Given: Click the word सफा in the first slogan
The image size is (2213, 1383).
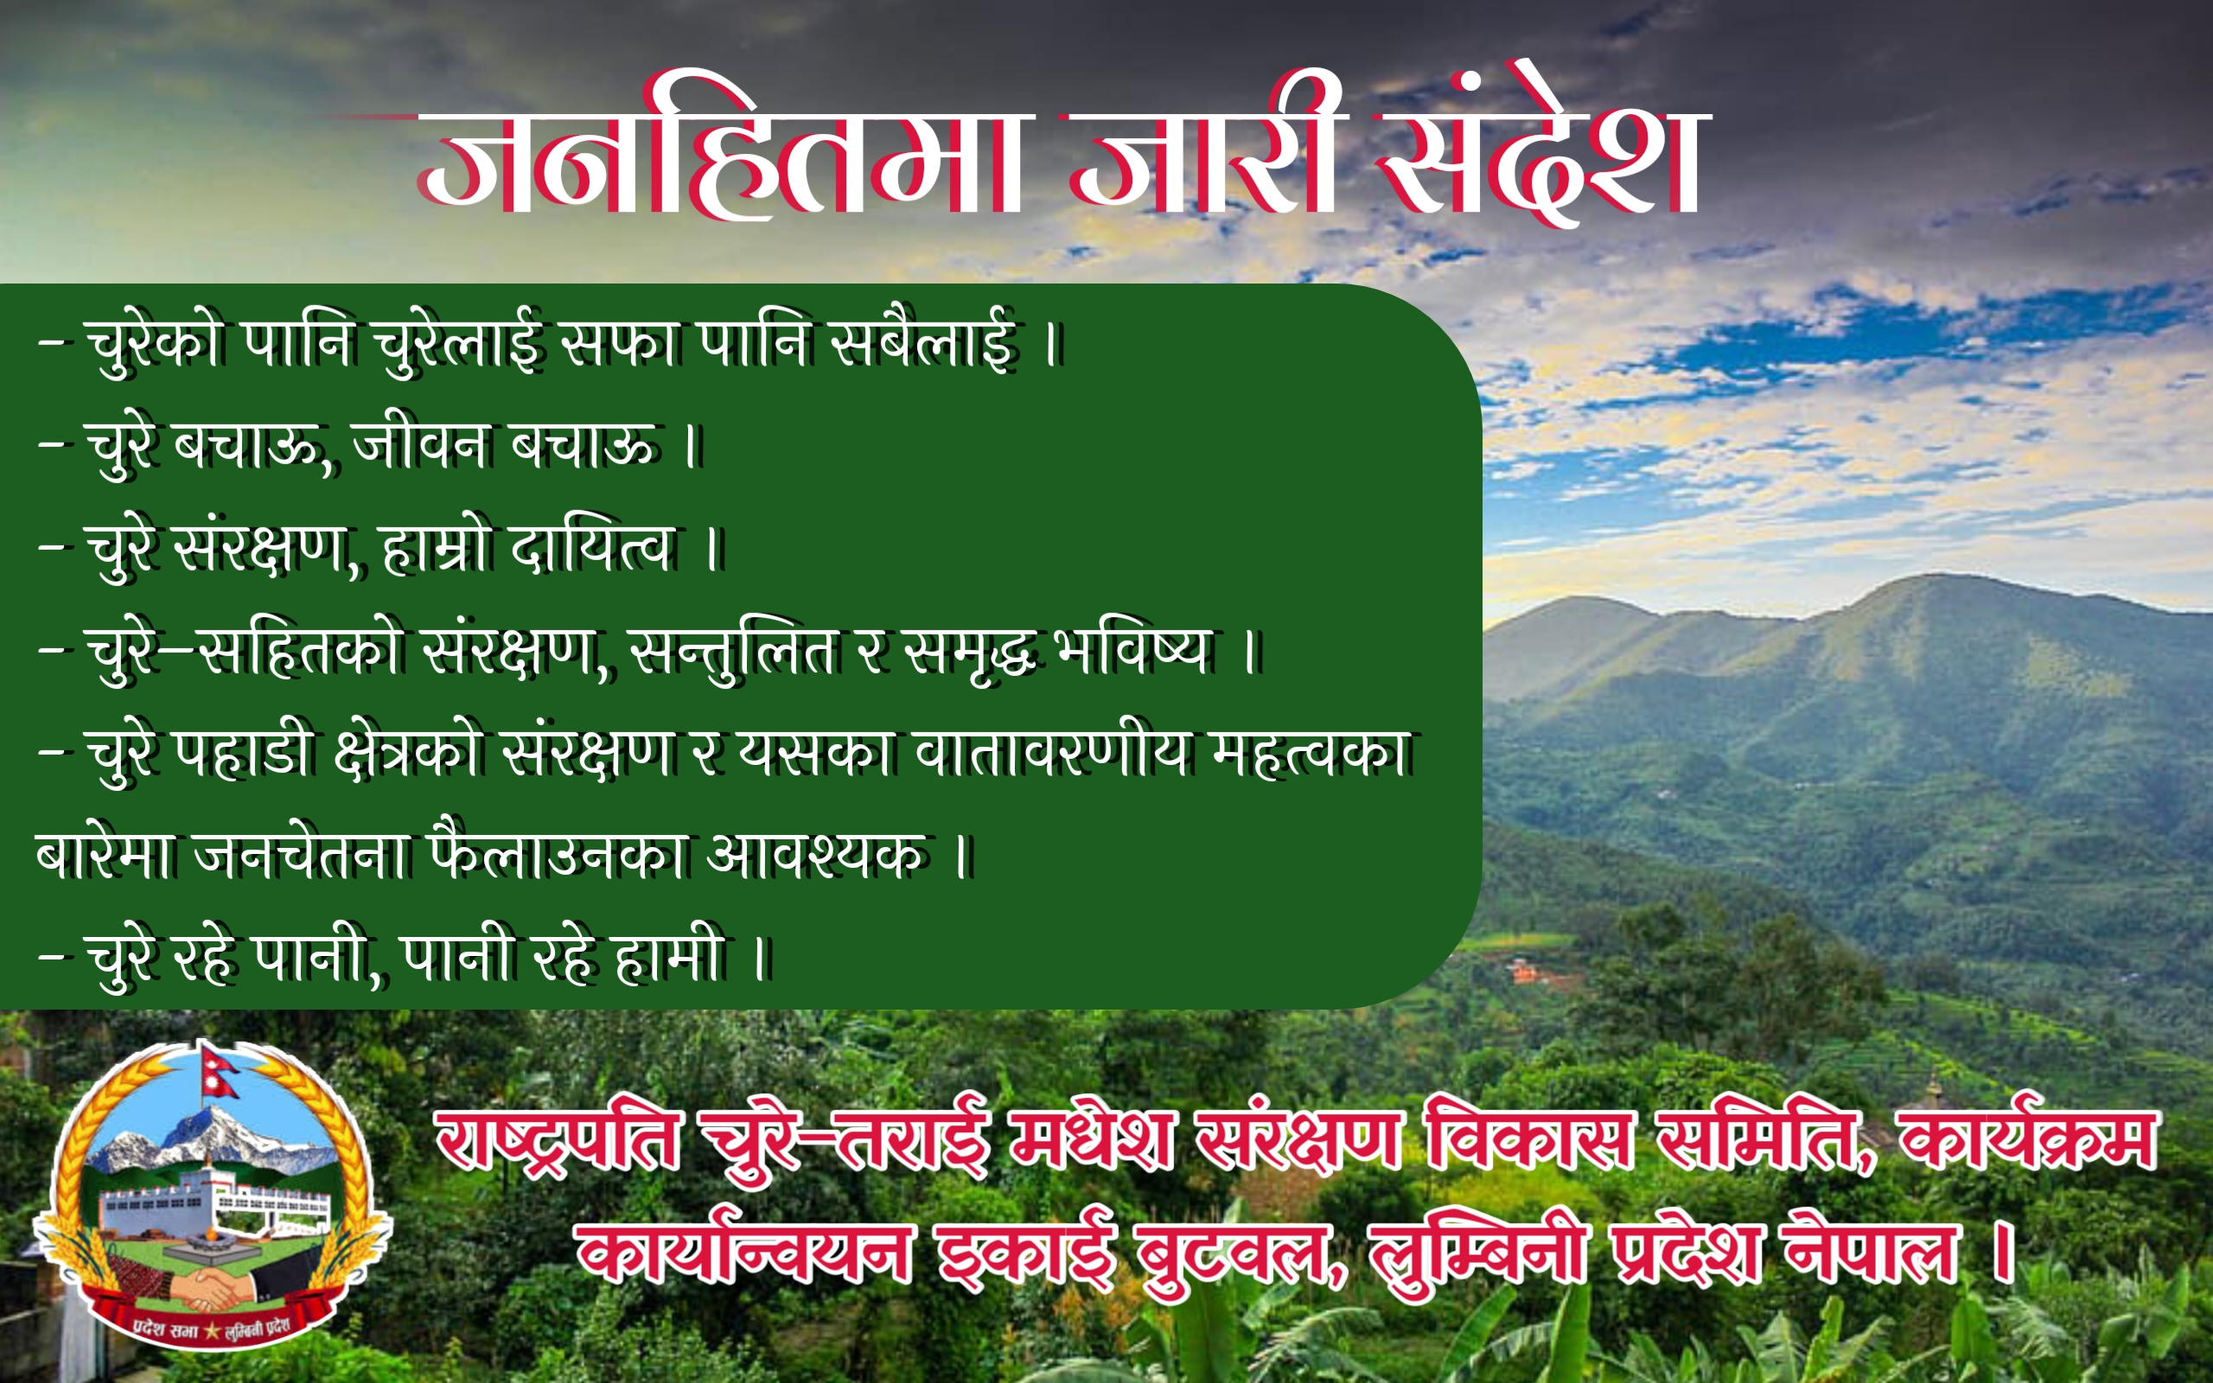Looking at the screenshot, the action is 620,344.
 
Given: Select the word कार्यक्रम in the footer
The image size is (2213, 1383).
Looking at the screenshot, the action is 2026,1138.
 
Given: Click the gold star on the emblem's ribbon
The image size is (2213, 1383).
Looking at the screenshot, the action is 212,1332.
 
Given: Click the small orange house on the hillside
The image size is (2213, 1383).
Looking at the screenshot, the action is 1522,970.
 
